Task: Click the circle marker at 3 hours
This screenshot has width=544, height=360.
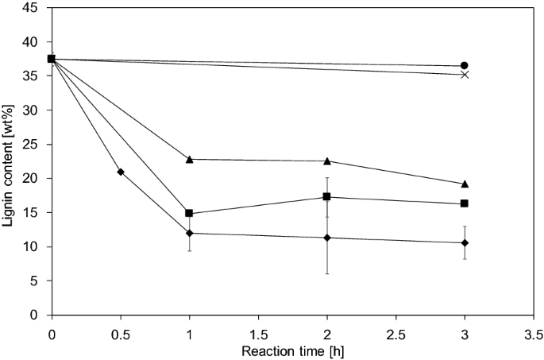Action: point(465,65)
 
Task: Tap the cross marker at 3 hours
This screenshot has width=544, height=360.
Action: point(465,75)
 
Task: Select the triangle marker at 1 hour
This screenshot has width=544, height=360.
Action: point(189,159)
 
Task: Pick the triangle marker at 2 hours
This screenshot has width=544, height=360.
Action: point(327,161)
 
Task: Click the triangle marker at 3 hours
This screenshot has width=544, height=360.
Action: point(465,184)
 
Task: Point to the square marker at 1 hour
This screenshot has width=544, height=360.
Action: point(189,213)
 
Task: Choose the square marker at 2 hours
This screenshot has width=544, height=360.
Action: point(327,196)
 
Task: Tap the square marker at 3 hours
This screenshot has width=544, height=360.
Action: point(465,203)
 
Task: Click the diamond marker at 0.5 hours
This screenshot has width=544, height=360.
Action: point(120,172)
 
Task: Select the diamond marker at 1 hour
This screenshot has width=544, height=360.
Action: point(189,233)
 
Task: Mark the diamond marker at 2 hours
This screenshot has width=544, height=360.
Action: point(327,238)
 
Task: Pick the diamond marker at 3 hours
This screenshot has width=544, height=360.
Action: point(465,242)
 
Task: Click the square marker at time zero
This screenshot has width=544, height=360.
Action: point(52,59)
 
